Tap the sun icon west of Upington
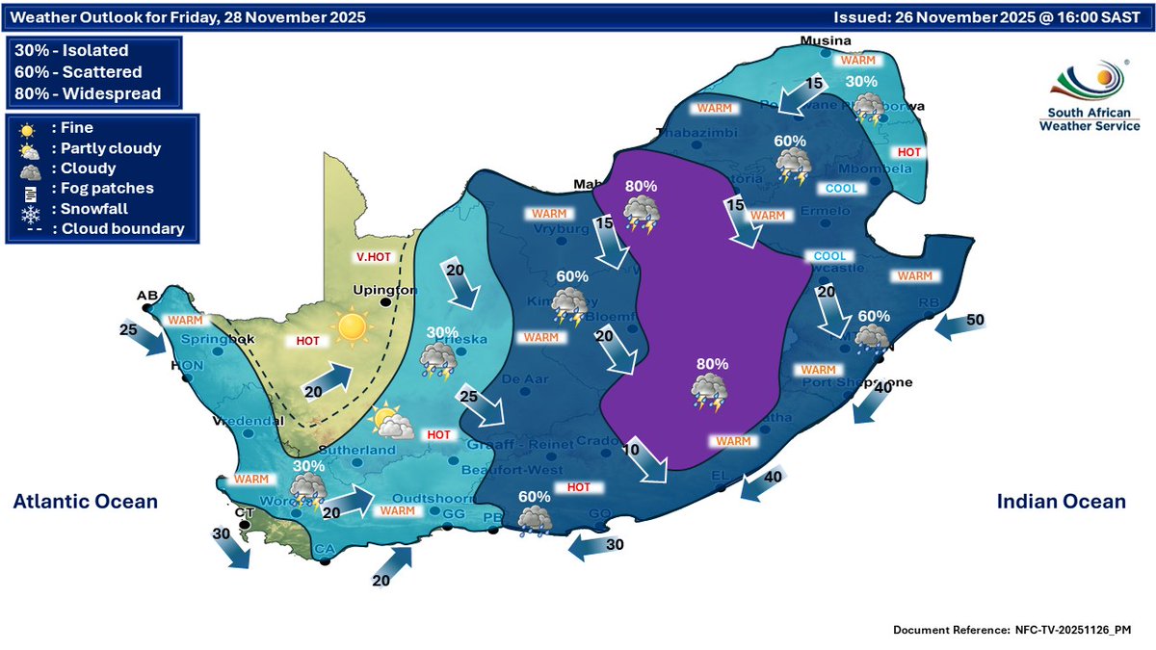pos(353,329)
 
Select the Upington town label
pos(385,289)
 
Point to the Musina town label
pos(828,40)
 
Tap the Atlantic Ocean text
pos(85,502)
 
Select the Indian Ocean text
pos(1060,502)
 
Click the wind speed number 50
pos(975,319)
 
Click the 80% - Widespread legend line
pos(88,93)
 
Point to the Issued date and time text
pos(989,17)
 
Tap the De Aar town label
pos(524,379)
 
